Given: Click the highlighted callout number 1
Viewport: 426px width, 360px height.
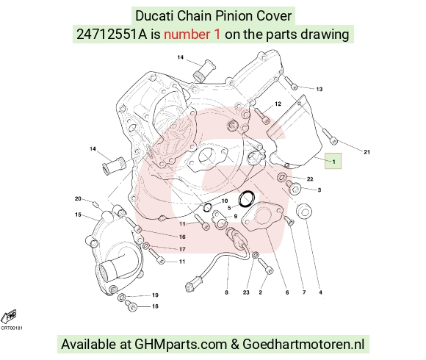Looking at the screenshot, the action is point(333,161).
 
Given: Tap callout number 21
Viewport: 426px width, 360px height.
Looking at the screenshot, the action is point(367,152).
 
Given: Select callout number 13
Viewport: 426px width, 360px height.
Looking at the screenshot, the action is point(319,89).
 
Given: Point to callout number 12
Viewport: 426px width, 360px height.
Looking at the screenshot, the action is point(278,104).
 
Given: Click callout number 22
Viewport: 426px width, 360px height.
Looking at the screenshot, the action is point(310,179).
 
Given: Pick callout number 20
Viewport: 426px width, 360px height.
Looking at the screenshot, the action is point(78,198).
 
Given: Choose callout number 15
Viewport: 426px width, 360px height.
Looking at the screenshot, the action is point(78,215).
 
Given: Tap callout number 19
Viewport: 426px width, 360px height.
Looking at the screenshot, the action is point(155,295).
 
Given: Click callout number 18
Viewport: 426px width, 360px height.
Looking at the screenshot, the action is point(155,306).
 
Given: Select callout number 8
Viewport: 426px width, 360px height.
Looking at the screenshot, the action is point(226,292).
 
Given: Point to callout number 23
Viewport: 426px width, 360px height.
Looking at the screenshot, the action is point(246,292).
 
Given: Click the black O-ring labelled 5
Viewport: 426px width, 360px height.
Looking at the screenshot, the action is point(246,198).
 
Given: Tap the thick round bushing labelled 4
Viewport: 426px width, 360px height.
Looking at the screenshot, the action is point(304,210).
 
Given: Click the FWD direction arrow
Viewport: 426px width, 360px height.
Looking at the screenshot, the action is point(9,317).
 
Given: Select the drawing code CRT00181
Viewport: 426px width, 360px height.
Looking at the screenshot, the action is point(12,328).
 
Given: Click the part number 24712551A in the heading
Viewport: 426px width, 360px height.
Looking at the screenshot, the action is point(112,35).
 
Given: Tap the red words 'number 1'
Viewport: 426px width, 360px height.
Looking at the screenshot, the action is point(192,35).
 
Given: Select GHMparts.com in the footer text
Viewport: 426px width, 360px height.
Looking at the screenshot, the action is point(181,345).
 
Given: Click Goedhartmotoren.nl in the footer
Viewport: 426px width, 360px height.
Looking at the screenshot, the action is point(303,344).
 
